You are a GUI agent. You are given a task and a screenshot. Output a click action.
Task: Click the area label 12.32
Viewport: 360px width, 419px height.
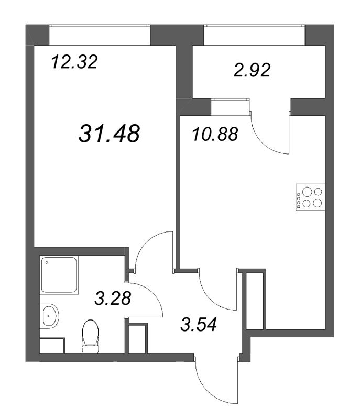click(x=74, y=63)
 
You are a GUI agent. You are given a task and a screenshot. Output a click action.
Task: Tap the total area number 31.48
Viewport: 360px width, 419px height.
click(x=110, y=133)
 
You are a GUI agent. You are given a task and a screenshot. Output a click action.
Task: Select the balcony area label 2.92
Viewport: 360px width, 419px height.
click(x=252, y=70)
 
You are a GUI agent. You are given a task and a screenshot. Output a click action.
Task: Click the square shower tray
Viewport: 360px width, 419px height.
click(x=59, y=274)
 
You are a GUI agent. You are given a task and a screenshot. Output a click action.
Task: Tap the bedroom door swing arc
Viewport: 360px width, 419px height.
click(x=152, y=246)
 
